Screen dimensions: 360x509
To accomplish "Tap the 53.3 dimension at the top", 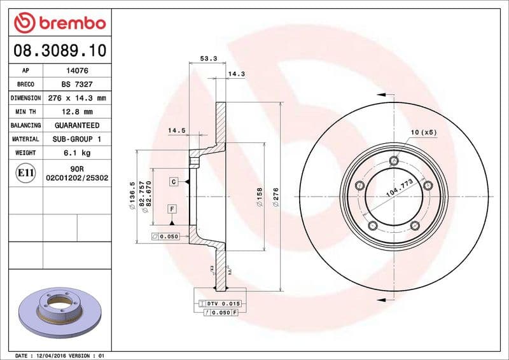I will point(209,59).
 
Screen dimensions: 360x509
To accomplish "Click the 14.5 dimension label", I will point(176,131).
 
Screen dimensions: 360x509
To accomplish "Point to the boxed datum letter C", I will point(173,182).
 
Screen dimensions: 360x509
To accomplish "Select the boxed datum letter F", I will point(172,209).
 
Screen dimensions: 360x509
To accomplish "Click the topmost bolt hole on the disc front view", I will point(394,160).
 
